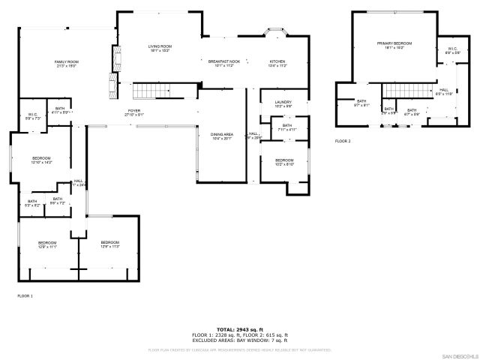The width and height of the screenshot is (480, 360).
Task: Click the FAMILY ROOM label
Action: tap(66, 63)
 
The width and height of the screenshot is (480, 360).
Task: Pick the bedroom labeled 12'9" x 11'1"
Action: tap(47, 244)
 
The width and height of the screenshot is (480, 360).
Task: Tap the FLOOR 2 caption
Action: tap(343, 140)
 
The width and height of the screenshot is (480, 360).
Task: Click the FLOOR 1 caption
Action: tap(25, 295)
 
